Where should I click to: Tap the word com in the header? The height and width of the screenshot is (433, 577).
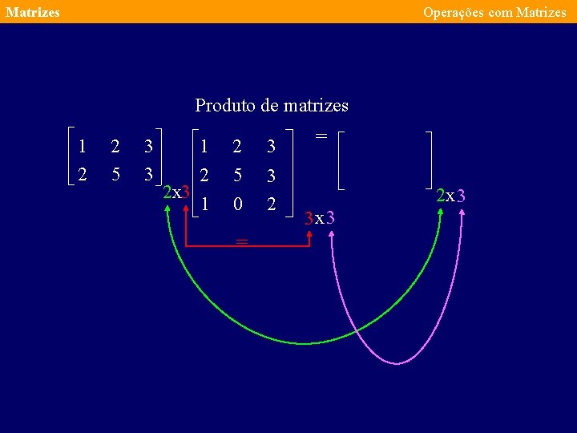click(500, 12)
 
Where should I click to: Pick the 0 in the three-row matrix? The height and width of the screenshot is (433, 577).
click(236, 204)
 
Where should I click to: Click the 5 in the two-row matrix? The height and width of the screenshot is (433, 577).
click(116, 174)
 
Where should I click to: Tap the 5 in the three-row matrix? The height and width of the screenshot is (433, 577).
click(236, 175)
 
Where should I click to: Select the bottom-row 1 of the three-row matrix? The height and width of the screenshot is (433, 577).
click(204, 204)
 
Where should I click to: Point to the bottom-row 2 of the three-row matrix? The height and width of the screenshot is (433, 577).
click(272, 204)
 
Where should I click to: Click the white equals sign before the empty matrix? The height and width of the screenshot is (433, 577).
click(321, 136)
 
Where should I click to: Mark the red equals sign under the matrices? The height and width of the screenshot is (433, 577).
click(242, 241)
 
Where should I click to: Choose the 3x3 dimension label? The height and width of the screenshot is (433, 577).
click(321, 217)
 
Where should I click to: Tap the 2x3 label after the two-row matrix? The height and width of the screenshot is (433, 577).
click(176, 192)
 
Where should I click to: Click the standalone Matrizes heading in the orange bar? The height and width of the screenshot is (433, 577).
click(32, 12)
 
